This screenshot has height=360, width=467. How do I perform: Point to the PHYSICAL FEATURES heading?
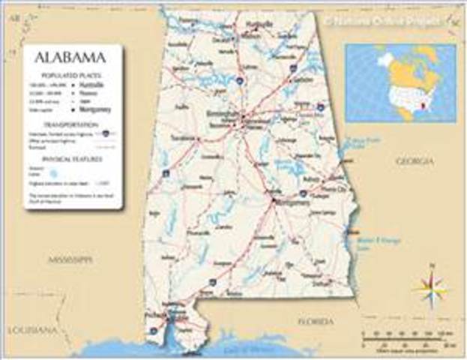pyautogui.click(x=72, y=158)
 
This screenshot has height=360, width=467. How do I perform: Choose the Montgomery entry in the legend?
pyautogui.click(x=95, y=109)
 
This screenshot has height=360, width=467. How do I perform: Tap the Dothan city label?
pyautogui.click(x=322, y=284)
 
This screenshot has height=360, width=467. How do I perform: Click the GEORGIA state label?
pyautogui.click(x=414, y=161)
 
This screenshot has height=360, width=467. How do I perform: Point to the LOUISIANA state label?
pyautogui.click(x=32, y=330)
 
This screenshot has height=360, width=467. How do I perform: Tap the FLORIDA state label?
pyautogui.click(x=315, y=321)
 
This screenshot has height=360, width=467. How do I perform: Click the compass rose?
pyautogui.click(x=431, y=286)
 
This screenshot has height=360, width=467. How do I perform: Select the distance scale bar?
pyautogui.click(x=404, y=337)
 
